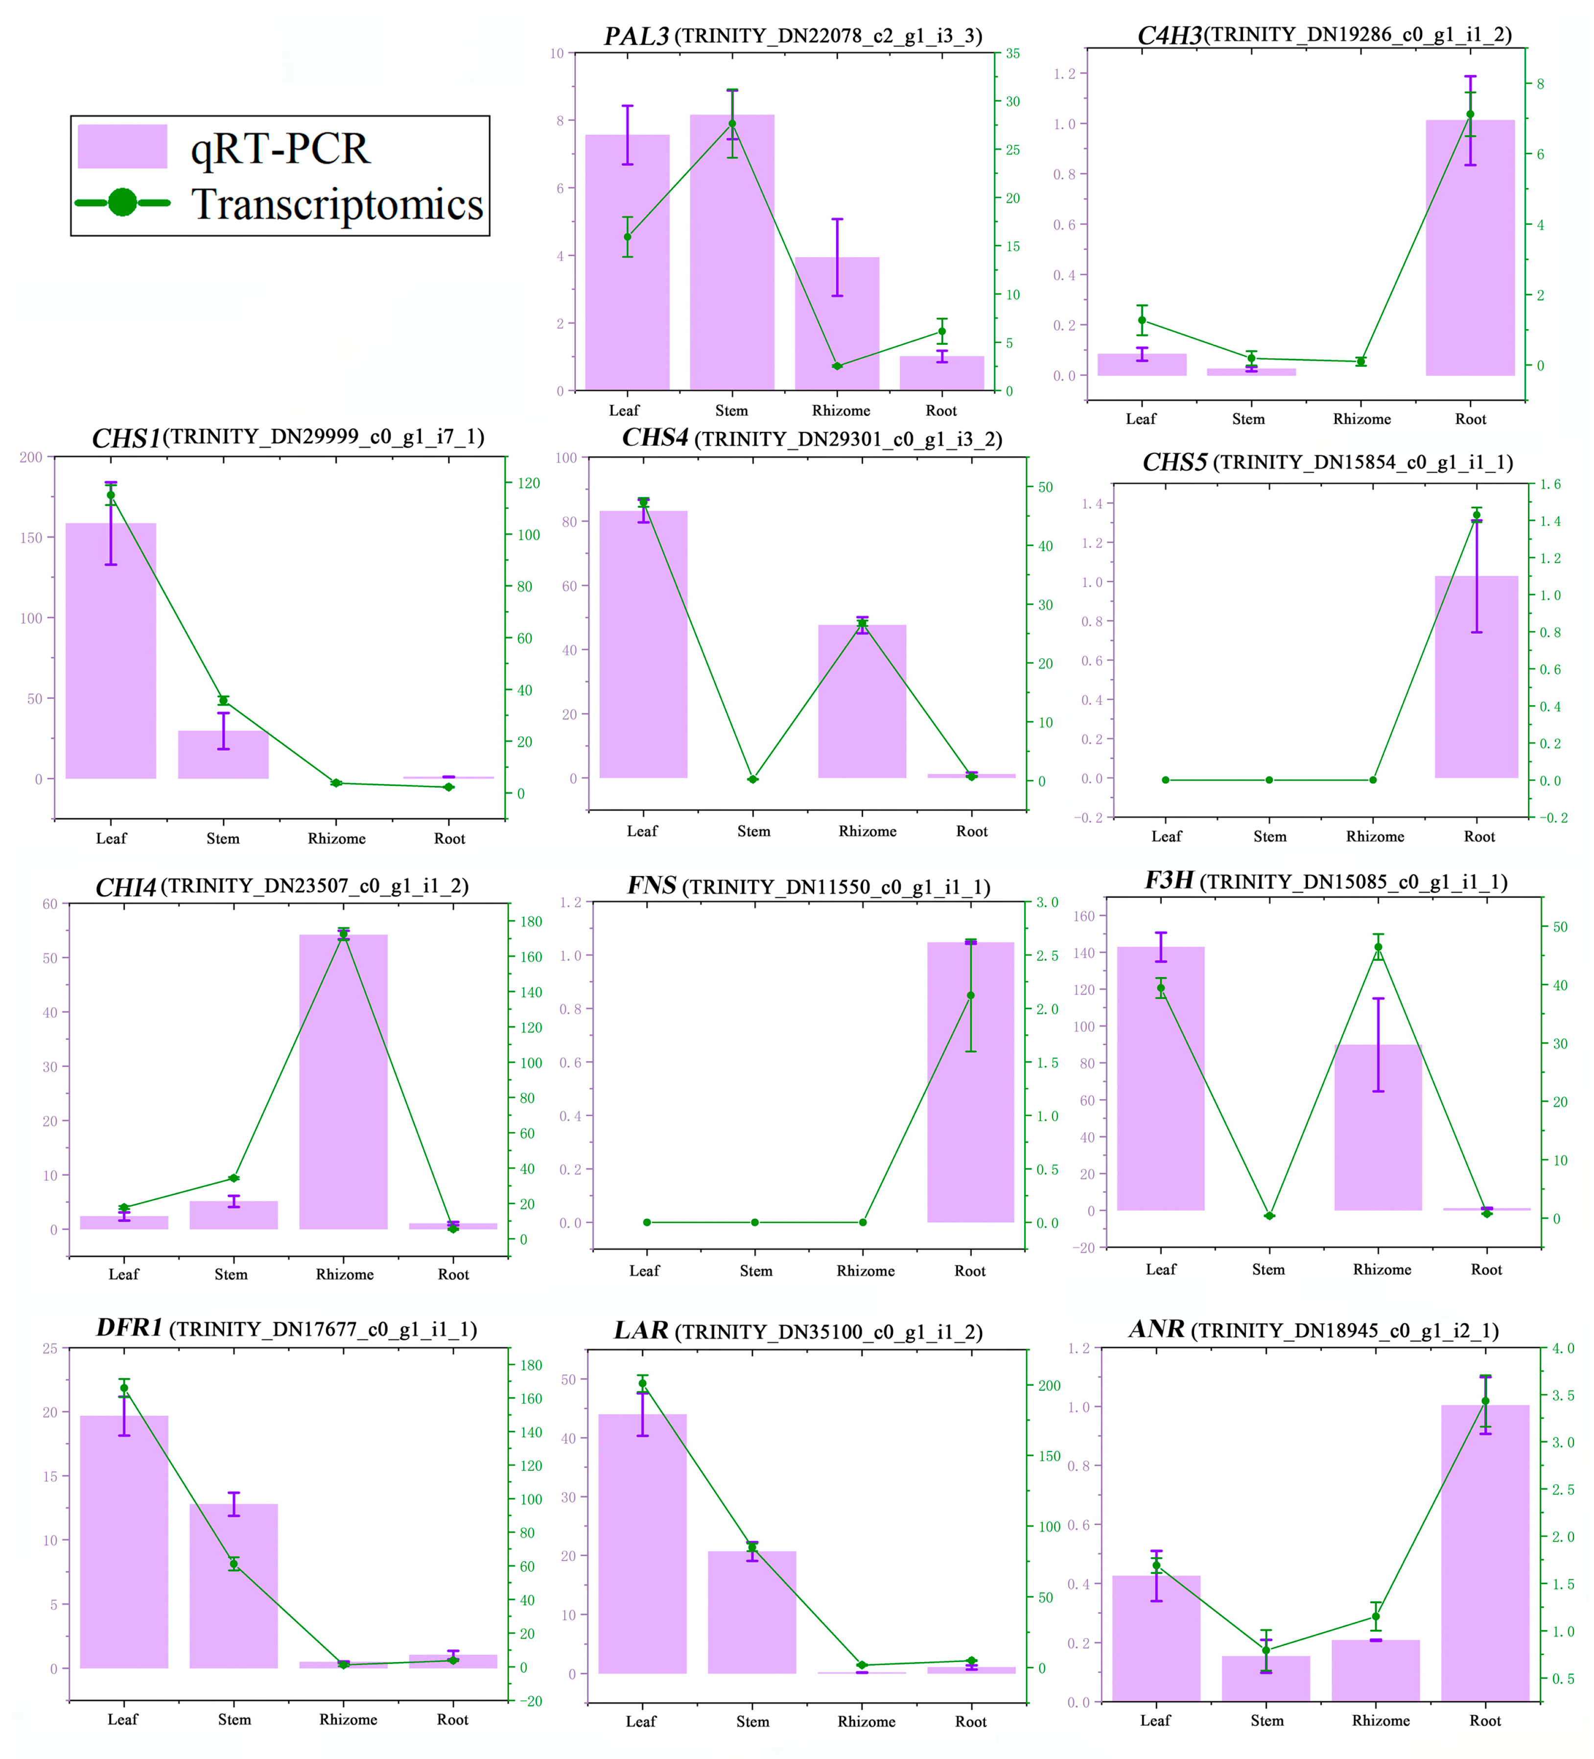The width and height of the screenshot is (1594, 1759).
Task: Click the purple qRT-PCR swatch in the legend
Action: [x=122, y=146]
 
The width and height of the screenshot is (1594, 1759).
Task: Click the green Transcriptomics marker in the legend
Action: [x=122, y=202]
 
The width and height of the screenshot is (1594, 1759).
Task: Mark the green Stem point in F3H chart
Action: [x=1268, y=1215]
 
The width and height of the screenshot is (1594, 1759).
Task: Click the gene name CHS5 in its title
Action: [x=1174, y=462]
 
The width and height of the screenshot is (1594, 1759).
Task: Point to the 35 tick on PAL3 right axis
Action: [x=1012, y=53]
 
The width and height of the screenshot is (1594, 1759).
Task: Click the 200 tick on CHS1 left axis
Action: [x=31, y=457]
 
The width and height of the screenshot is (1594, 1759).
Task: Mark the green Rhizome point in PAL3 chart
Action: [x=837, y=366]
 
